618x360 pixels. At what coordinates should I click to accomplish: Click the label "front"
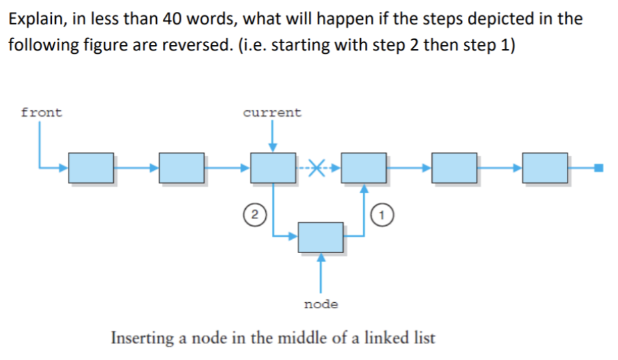(x=41, y=112)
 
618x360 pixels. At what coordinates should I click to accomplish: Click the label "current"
(x=272, y=112)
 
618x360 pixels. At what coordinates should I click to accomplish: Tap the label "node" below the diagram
(x=320, y=304)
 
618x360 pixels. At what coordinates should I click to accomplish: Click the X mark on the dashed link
(x=318, y=169)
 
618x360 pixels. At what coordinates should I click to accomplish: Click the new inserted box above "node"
(x=320, y=236)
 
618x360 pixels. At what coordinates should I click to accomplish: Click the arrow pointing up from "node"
(x=320, y=272)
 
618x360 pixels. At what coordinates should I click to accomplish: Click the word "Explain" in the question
(x=35, y=19)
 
